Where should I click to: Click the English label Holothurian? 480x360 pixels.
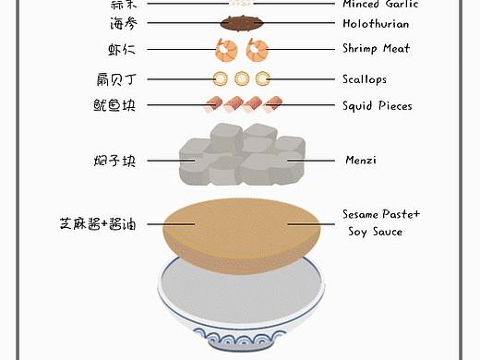pos(375,24)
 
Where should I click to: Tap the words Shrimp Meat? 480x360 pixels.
pos(376,49)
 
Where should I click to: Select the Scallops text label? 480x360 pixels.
pos(365,80)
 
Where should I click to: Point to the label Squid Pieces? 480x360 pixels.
pos(377,106)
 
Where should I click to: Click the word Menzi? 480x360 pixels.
pos(360,161)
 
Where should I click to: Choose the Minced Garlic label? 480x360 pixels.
pos(379,5)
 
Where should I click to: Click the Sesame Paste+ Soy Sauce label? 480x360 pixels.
pos(379,222)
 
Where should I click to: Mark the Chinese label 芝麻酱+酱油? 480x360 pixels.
pos(98,223)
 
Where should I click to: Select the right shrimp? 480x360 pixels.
pos(257,49)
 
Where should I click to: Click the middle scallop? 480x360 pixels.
pos(242,79)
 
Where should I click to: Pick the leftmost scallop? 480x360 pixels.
pos(222,79)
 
